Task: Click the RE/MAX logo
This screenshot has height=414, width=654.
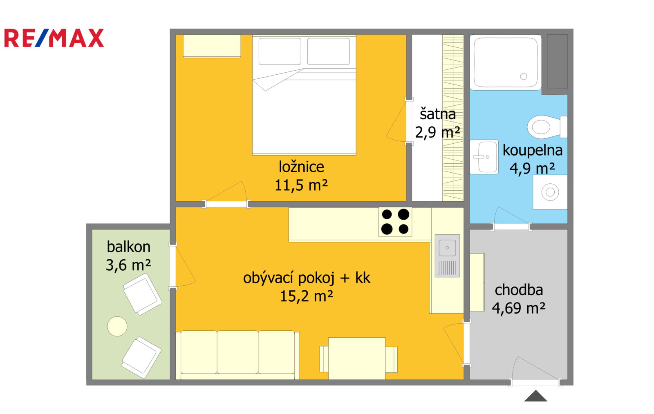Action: coord(54,38)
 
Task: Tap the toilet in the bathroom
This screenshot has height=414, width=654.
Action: coord(547,127)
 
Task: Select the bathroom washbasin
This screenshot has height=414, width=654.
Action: coord(484,157)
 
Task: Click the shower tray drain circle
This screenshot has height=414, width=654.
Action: coord(524,76)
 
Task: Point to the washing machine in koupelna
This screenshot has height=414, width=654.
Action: coord(550,192)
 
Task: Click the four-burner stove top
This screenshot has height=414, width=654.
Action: coord(395,222)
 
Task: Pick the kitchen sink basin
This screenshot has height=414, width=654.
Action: coord(447,248)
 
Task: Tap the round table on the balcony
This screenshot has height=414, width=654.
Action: coord(117,326)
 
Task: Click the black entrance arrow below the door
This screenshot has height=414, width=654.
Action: coord(535,396)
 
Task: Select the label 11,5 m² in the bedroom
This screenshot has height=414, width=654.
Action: coord(301,185)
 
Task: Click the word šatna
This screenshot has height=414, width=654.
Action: coord(438,114)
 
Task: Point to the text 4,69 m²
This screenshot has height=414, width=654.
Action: coord(519,308)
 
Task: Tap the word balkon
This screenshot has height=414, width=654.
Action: coord(128,247)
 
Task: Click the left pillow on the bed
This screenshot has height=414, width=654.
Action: coord(280,51)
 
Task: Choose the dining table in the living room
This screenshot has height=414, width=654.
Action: coord(357,358)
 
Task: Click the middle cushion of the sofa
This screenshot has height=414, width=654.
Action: coord(237,352)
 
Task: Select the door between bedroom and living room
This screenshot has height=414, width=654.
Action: coord(226,204)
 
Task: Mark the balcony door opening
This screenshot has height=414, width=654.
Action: coord(172,266)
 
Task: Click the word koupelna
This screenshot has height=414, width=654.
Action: coord(533,151)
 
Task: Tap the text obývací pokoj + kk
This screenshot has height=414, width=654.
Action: coord(307,278)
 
